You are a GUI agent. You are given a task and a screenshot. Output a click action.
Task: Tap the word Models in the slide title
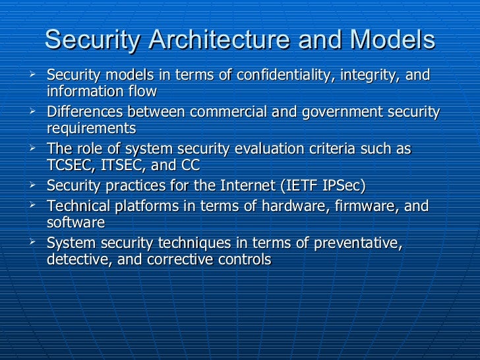click(392, 40)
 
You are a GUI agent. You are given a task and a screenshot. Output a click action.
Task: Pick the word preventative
click(355, 244)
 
